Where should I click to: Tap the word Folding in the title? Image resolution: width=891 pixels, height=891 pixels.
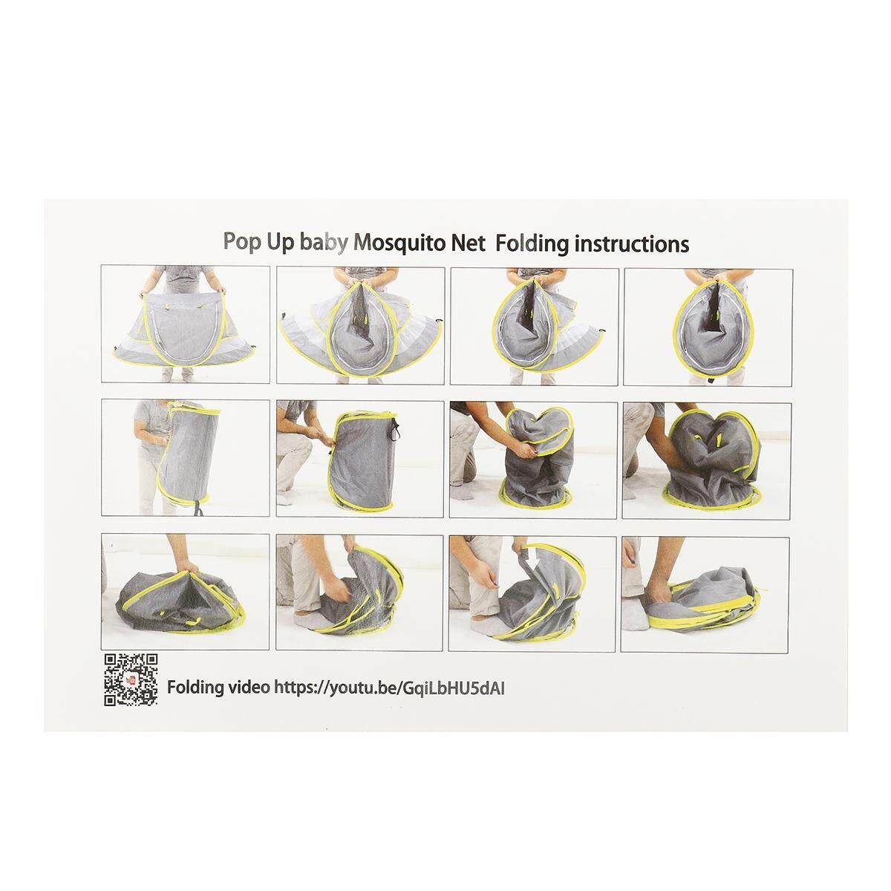click(x=532, y=244)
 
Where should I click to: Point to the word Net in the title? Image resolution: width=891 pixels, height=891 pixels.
click(x=469, y=244)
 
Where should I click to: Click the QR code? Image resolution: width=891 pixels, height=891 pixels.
click(x=131, y=680)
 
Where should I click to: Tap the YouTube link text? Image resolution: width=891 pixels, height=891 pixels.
click(x=389, y=688)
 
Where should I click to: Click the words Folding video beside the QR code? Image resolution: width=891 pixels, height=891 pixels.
click(x=218, y=688)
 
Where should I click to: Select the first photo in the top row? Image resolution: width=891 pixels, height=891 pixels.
click(x=186, y=324)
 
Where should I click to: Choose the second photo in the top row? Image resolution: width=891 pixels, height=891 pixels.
click(x=361, y=325)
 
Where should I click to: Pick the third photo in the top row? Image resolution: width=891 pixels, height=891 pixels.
click(x=535, y=327)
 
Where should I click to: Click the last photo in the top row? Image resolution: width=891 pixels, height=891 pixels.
click(x=708, y=327)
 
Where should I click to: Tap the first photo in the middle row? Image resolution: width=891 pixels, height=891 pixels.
click(x=186, y=458)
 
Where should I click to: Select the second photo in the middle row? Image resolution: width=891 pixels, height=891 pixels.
click(x=359, y=459)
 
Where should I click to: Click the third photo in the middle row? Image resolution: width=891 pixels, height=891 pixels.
click(x=533, y=460)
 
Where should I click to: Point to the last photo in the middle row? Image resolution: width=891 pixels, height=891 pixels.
click(x=707, y=461)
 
